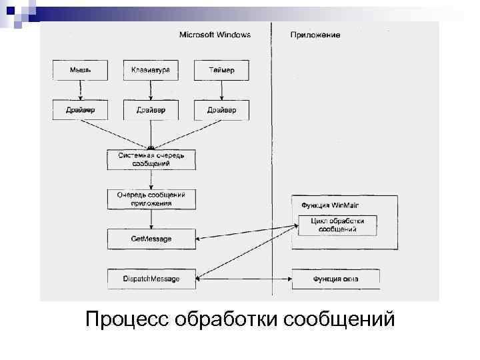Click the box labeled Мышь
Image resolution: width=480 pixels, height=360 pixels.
(80, 70)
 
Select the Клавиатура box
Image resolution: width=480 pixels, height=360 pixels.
(151, 70)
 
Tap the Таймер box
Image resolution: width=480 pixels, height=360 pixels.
(221, 70)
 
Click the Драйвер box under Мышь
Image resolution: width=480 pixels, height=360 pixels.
(80, 109)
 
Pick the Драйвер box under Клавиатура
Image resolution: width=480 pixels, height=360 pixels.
(151, 109)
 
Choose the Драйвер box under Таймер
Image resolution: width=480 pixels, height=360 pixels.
(221, 109)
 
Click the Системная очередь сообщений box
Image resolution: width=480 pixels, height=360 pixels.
(151, 159)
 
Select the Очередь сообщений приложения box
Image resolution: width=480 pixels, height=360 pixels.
(151, 199)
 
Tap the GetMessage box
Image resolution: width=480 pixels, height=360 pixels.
(151, 239)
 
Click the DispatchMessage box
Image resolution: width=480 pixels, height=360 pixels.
(151, 279)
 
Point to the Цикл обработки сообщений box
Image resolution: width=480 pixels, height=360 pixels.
(337, 225)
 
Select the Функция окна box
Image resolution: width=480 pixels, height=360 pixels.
(335, 279)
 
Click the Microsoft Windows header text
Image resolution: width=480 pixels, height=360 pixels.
(215, 35)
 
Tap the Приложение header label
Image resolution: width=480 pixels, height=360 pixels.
(315, 35)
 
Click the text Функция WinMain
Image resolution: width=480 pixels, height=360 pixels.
(331, 205)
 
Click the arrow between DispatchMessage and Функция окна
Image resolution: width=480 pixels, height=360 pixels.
(243, 279)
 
